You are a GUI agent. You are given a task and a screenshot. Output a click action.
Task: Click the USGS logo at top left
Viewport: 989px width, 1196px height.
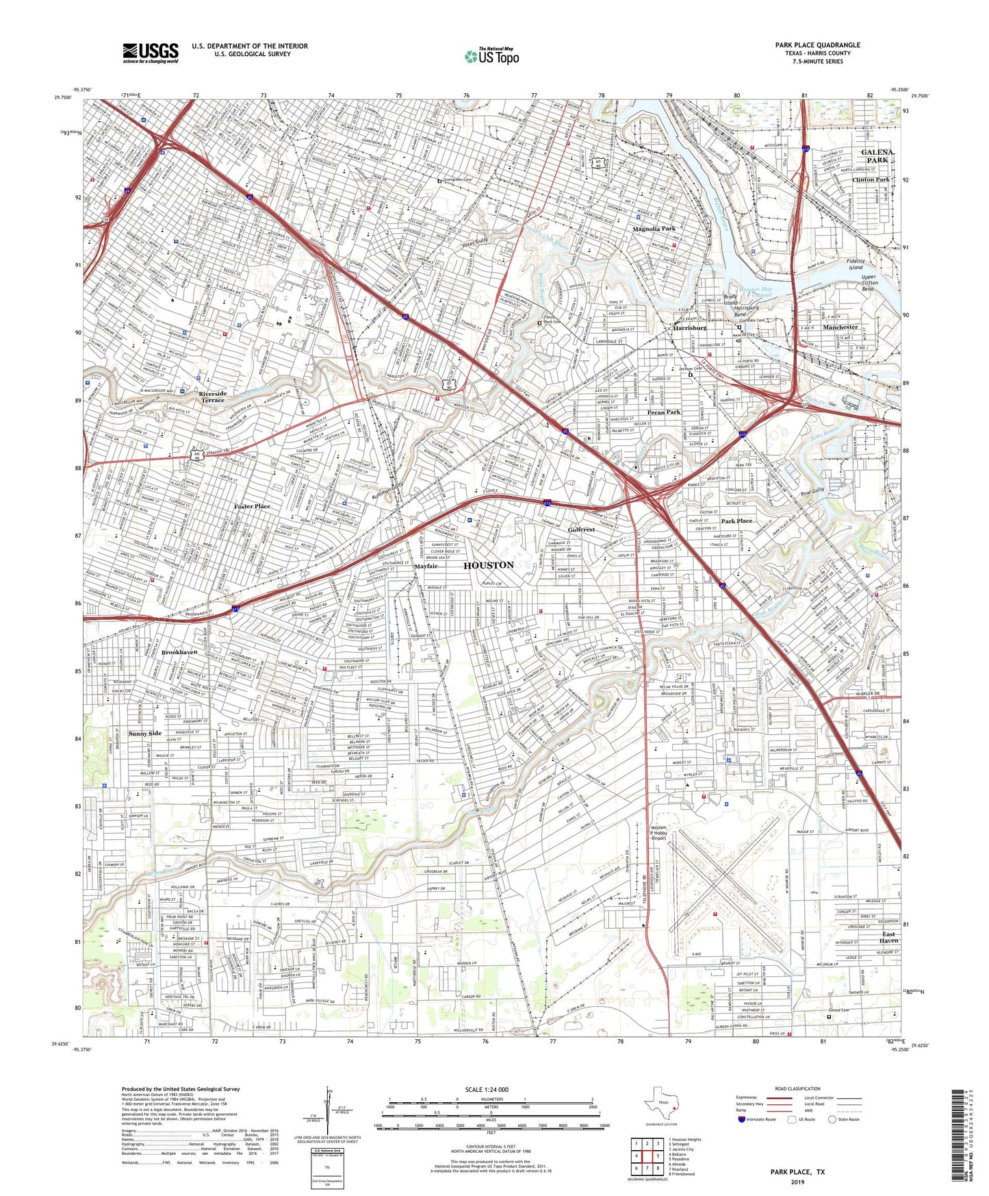pos(151,53)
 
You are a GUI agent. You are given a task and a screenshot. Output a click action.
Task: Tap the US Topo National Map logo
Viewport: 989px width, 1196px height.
pos(491,56)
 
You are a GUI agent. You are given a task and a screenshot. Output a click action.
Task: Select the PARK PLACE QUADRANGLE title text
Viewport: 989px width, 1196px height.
pos(817,45)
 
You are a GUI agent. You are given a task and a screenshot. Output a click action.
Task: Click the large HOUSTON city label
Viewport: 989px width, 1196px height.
pos(488,565)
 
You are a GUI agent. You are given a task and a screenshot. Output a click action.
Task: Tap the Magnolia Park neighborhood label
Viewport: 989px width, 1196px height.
pos(654,229)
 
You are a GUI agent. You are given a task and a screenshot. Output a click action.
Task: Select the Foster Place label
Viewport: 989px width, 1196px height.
pos(252,506)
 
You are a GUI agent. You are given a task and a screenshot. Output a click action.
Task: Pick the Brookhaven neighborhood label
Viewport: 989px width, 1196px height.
pos(179,653)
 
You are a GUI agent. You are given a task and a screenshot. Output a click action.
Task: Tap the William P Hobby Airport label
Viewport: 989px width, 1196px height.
pos(658,832)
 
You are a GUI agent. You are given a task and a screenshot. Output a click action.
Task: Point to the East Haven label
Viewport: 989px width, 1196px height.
pos(889,938)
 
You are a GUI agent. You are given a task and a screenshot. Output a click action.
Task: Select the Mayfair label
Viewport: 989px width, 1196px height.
pos(425,567)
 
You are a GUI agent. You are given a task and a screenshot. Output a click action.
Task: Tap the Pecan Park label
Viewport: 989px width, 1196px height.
pos(664,412)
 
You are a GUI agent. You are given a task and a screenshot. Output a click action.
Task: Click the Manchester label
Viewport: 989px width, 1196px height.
pos(840,327)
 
